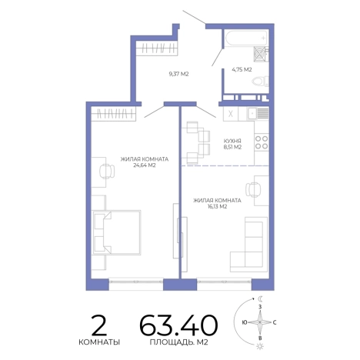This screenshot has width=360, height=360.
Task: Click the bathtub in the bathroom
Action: [x=247, y=38]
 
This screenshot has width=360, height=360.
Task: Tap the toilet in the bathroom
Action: [x=260, y=82]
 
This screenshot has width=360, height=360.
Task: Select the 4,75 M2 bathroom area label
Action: [x=242, y=69]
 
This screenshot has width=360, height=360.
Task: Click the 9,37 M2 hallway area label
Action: [x=178, y=74]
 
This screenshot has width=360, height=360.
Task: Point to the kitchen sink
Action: [x=258, y=113]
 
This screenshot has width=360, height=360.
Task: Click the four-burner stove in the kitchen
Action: [x=262, y=142]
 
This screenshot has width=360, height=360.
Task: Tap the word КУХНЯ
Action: [x=232, y=141]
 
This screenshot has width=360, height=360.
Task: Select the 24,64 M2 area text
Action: [x=145, y=165]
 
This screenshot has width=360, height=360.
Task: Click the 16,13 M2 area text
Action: [x=217, y=207]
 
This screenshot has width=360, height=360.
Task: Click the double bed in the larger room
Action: [x=117, y=232]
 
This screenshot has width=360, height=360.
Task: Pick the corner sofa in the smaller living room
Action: [x=248, y=245]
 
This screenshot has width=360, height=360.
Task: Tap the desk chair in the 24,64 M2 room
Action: [x=107, y=171]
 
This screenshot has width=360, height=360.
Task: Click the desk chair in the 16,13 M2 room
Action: [x=253, y=190]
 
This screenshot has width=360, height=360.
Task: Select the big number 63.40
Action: [x=178, y=325]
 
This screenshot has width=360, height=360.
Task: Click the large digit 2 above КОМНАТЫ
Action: [x=99, y=325]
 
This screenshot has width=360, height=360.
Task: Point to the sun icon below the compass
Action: [x=260, y=346]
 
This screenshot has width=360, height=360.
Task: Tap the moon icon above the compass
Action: [x=260, y=298]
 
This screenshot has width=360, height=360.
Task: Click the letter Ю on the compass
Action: [x=245, y=322]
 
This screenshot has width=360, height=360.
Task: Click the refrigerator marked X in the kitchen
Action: [x=231, y=114]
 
